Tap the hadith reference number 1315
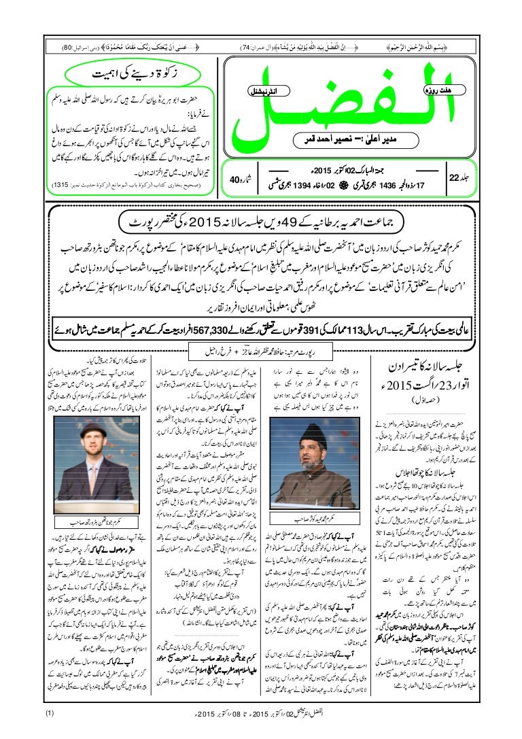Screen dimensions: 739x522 (x=60, y=185)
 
